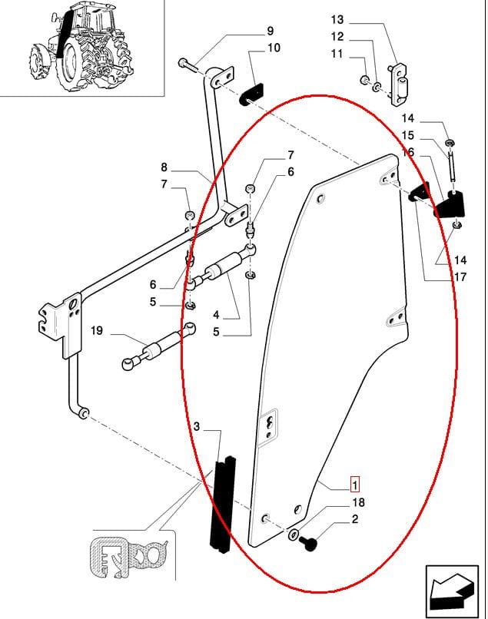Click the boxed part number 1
click(354, 485)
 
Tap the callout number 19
click(96, 332)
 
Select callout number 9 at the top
click(270, 31)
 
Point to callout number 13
click(338, 19)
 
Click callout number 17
click(460, 277)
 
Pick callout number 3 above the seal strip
click(197, 426)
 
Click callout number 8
click(164, 167)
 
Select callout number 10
click(274, 48)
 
